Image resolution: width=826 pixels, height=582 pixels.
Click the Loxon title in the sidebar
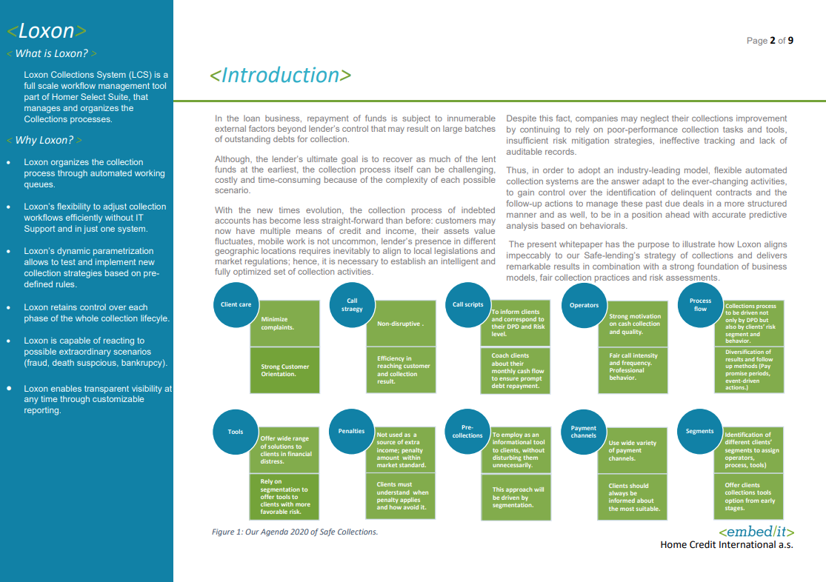pyautogui.click(x=47, y=31)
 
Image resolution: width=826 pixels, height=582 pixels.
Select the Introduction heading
pyautogui.click(x=281, y=76)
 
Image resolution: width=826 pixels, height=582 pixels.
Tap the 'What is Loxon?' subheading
pyautogui.click(x=51, y=53)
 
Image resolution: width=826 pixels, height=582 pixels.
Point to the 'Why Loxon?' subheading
pyautogui.click(x=44, y=140)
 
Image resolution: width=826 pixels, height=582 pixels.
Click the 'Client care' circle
pyautogui.click(x=236, y=305)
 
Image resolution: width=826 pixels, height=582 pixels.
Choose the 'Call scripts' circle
pyautogui.click(x=467, y=305)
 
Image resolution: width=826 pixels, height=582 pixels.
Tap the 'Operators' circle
pyautogui.click(x=584, y=305)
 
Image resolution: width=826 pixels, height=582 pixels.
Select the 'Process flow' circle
pyautogui.click(x=700, y=305)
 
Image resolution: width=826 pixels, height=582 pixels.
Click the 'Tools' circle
pyautogui.click(x=236, y=432)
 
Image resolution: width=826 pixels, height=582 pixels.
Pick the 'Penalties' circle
pyautogui.click(x=351, y=431)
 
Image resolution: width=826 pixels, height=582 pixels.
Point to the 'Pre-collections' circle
pyautogui.click(x=467, y=431)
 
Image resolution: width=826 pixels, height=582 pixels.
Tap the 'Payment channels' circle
pyautogui.click(x=584, y=431)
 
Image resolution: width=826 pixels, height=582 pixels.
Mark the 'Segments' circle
pyautogui.click(x=700, y=431)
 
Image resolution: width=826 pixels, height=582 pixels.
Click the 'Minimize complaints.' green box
pyautogui.click(x=284, y=323)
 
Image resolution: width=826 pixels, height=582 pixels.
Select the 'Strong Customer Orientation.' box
pyautogui.click(x=284, y=370)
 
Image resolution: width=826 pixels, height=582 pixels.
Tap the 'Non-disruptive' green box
pyautogui.click(x=401, y=324)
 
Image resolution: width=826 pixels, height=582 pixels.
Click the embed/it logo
pyautogui.click(x=756, y=532)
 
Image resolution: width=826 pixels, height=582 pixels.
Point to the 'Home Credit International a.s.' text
pyautogui.click(x=726, y=545)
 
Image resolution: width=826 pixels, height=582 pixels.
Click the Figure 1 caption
pyautogui.click(x=295, y=532)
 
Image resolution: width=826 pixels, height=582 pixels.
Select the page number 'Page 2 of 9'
pyautogui.click(x=770, y=41)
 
